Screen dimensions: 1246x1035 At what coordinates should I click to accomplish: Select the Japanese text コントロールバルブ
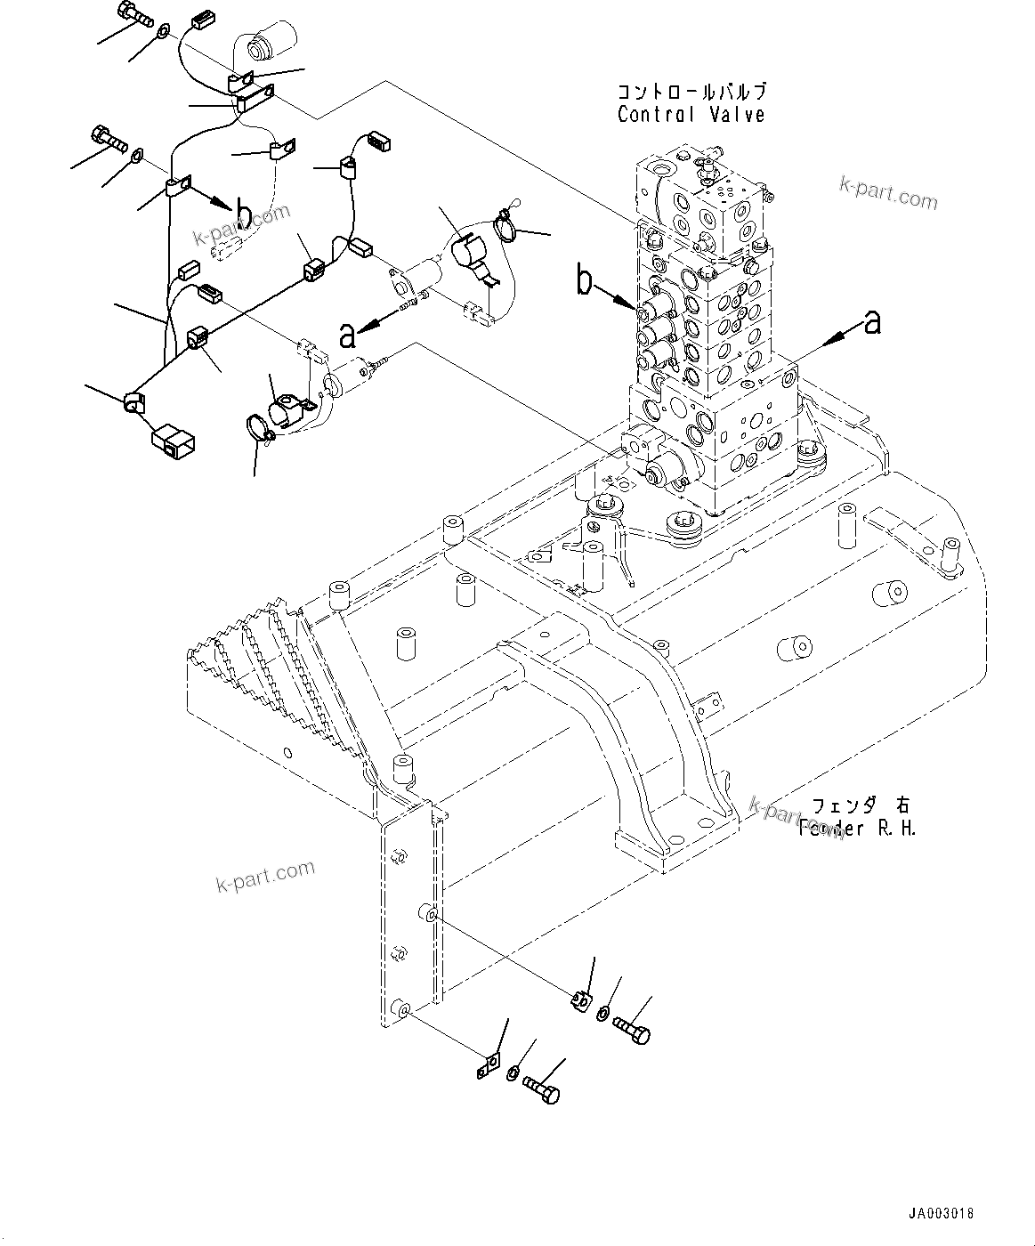click(691, 92)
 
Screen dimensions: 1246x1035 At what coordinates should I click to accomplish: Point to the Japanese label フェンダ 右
click(860, 806)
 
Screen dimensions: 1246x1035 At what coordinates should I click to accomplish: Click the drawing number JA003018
click(941, 1213)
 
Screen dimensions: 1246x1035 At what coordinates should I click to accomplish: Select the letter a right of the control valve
click(872, 322)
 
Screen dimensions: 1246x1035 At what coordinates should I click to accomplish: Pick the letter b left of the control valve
click(585, 283)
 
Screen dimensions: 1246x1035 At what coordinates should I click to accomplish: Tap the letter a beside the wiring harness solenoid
click(348, 335)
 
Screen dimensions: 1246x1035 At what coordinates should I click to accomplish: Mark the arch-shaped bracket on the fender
click(623, 721)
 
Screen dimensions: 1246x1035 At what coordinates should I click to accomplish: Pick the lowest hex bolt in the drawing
click(541, 1088)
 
